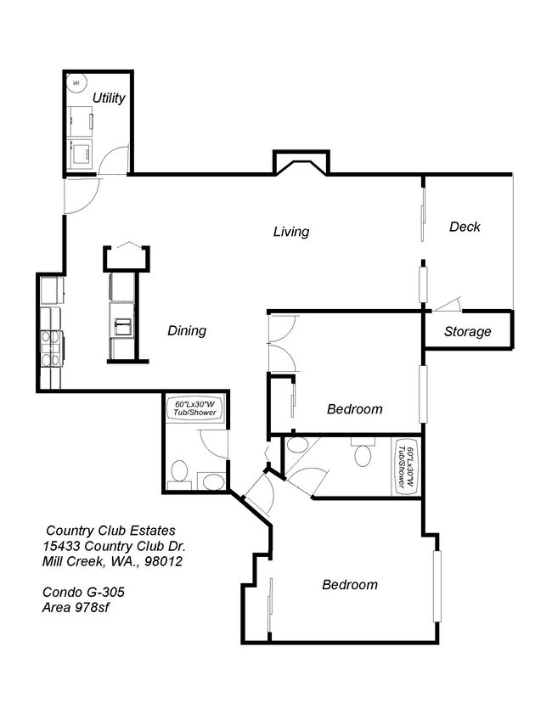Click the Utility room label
click(x=109, y=98)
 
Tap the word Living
click(x=290, y=231)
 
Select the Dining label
click(x=186, y=330)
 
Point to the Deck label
click(x=465, y=227)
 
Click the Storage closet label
click(x=467, y=331)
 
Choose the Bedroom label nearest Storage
click(x=354, y=408)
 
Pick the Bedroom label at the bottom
click(x=349, y=584)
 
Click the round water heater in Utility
click(x=76, y=83)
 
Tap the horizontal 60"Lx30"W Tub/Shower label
click(x=192, y=408)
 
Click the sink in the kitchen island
click(x=122, y=326)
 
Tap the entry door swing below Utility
click(x=82, y=195)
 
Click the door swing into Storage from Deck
click(x=448, y=304)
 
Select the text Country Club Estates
click(x=110, y=530)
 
